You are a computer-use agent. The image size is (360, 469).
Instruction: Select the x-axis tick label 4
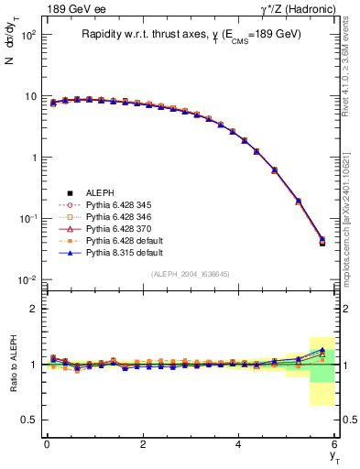tap(239, 445)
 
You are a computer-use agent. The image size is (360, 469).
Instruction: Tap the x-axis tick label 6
tap(335, 445)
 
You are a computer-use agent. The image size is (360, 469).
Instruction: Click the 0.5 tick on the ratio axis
tap(28, 420)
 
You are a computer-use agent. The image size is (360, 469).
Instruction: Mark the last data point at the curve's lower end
tap(322, 242)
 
